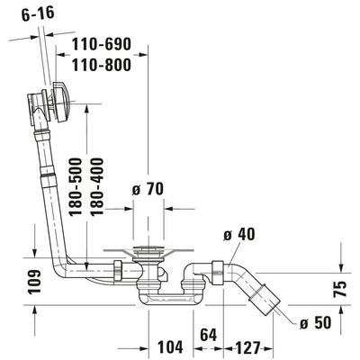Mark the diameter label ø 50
[314, 323]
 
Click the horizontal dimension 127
[250, 345]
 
